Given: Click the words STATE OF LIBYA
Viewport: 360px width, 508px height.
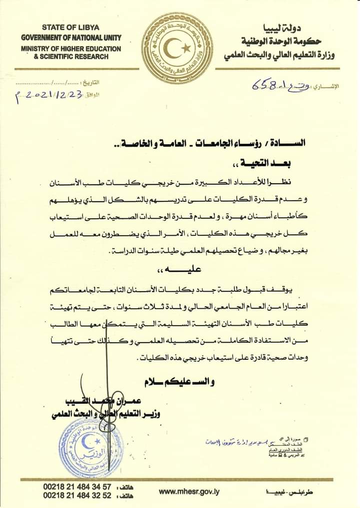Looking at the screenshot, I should click(70, 27).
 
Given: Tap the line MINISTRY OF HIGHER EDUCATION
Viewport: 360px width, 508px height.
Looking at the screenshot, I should click(70, 49).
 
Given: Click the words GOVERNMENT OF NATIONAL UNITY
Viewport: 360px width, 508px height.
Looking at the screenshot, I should click(70, 37).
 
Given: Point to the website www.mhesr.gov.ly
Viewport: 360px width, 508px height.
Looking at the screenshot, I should click(189, 492).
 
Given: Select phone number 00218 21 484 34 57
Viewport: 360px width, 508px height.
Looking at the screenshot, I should click(77, 487).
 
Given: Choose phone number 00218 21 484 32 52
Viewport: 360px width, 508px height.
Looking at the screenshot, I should click(77, 496).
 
